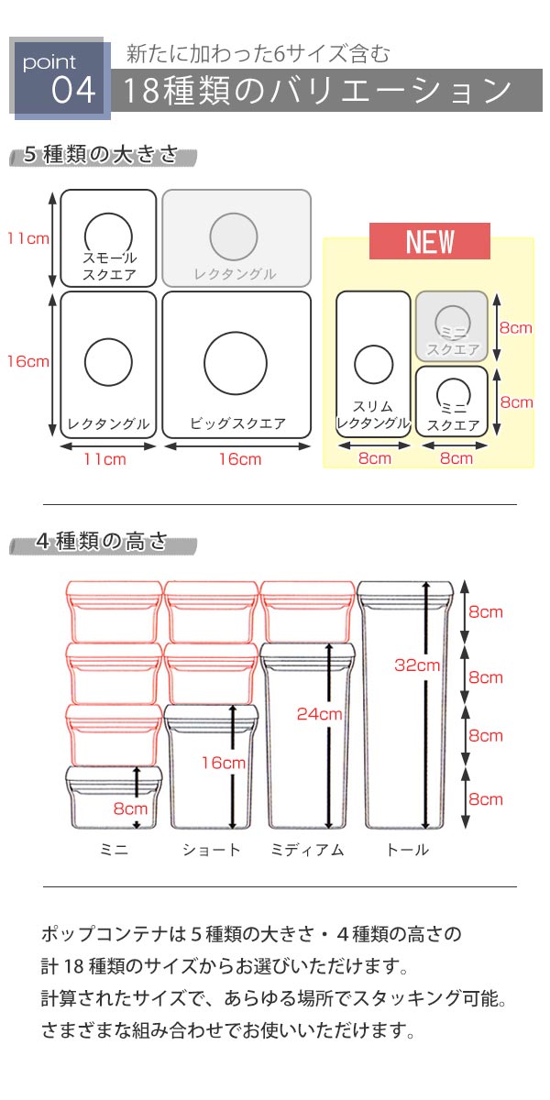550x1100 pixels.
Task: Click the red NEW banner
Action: click(x=430, y=241)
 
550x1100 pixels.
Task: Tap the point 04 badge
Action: click(x=60, y=79)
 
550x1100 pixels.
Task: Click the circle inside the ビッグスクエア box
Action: click(x=236, y=363)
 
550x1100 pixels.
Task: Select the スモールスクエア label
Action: click(x=109, y=266)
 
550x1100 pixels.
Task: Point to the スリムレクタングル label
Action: click(x=373, y=414)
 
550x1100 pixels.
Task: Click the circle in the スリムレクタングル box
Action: click(x=374, y=364)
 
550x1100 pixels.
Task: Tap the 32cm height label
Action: click(x=417, y=665)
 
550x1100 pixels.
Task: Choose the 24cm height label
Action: click(x=319, y=713)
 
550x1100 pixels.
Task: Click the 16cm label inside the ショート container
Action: click(x=224, y=762)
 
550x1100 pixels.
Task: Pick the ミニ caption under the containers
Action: click(x=114, y=849)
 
